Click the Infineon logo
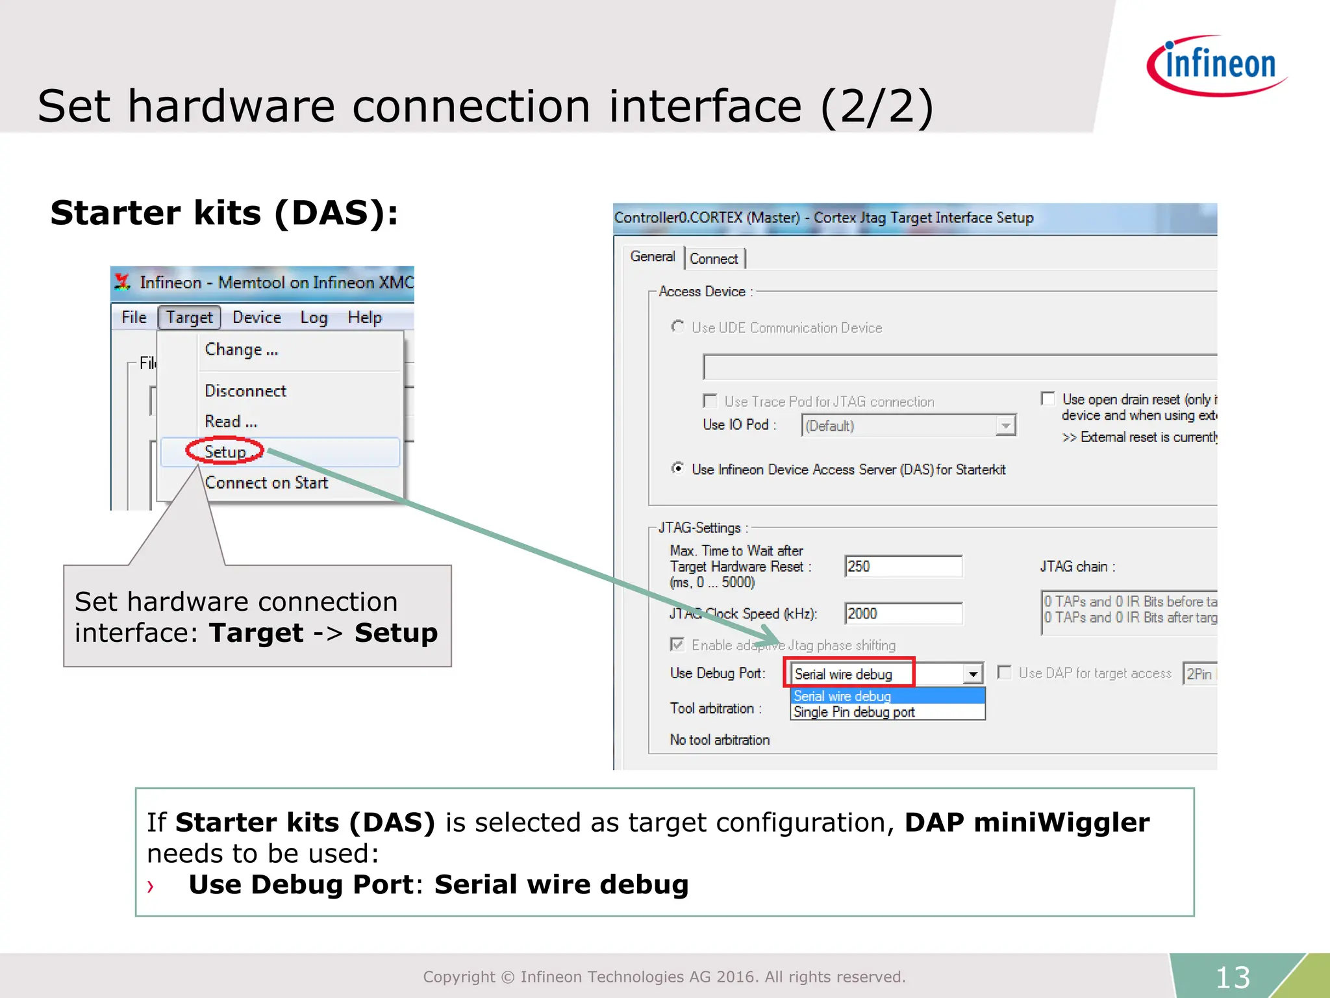point(1217,65)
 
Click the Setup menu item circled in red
point(225,452)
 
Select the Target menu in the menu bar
point(189,318)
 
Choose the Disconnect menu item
point(245,391)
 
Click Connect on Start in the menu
point(266,483)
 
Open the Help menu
point(364,318)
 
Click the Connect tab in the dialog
point(714,259)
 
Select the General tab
point(652,257)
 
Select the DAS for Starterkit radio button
point(678,468)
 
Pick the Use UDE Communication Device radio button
point(678,327)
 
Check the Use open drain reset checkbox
point(1048,398)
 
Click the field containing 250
point(903,567)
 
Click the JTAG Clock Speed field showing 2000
point(903,613)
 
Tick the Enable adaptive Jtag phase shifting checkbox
point(677,645)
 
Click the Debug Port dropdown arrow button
point(973,674)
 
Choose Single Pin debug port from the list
point(854,712)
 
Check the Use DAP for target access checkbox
point(1004,672)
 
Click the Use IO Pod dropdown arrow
point(1005,426)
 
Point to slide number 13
point(1233,977)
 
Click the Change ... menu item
point(241,350)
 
